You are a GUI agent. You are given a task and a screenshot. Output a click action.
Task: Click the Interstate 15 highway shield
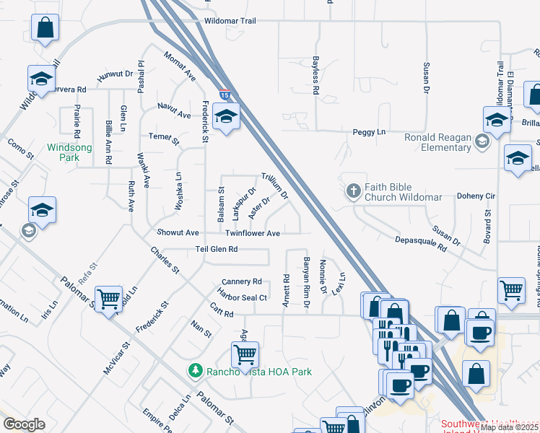[225, 95]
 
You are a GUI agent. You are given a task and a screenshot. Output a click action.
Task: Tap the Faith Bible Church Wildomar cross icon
[353, 191]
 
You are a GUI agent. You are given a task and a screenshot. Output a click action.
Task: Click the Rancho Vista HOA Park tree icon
[194, 371]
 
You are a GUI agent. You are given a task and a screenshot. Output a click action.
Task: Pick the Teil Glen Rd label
[217, 249]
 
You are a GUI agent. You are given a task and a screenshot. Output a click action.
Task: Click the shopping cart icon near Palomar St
[108, 297]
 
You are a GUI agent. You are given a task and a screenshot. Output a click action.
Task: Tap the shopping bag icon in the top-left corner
[45, 28]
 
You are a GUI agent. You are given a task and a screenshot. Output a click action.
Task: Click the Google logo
[24, 424]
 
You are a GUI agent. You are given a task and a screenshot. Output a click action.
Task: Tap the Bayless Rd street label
[315, 71]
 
